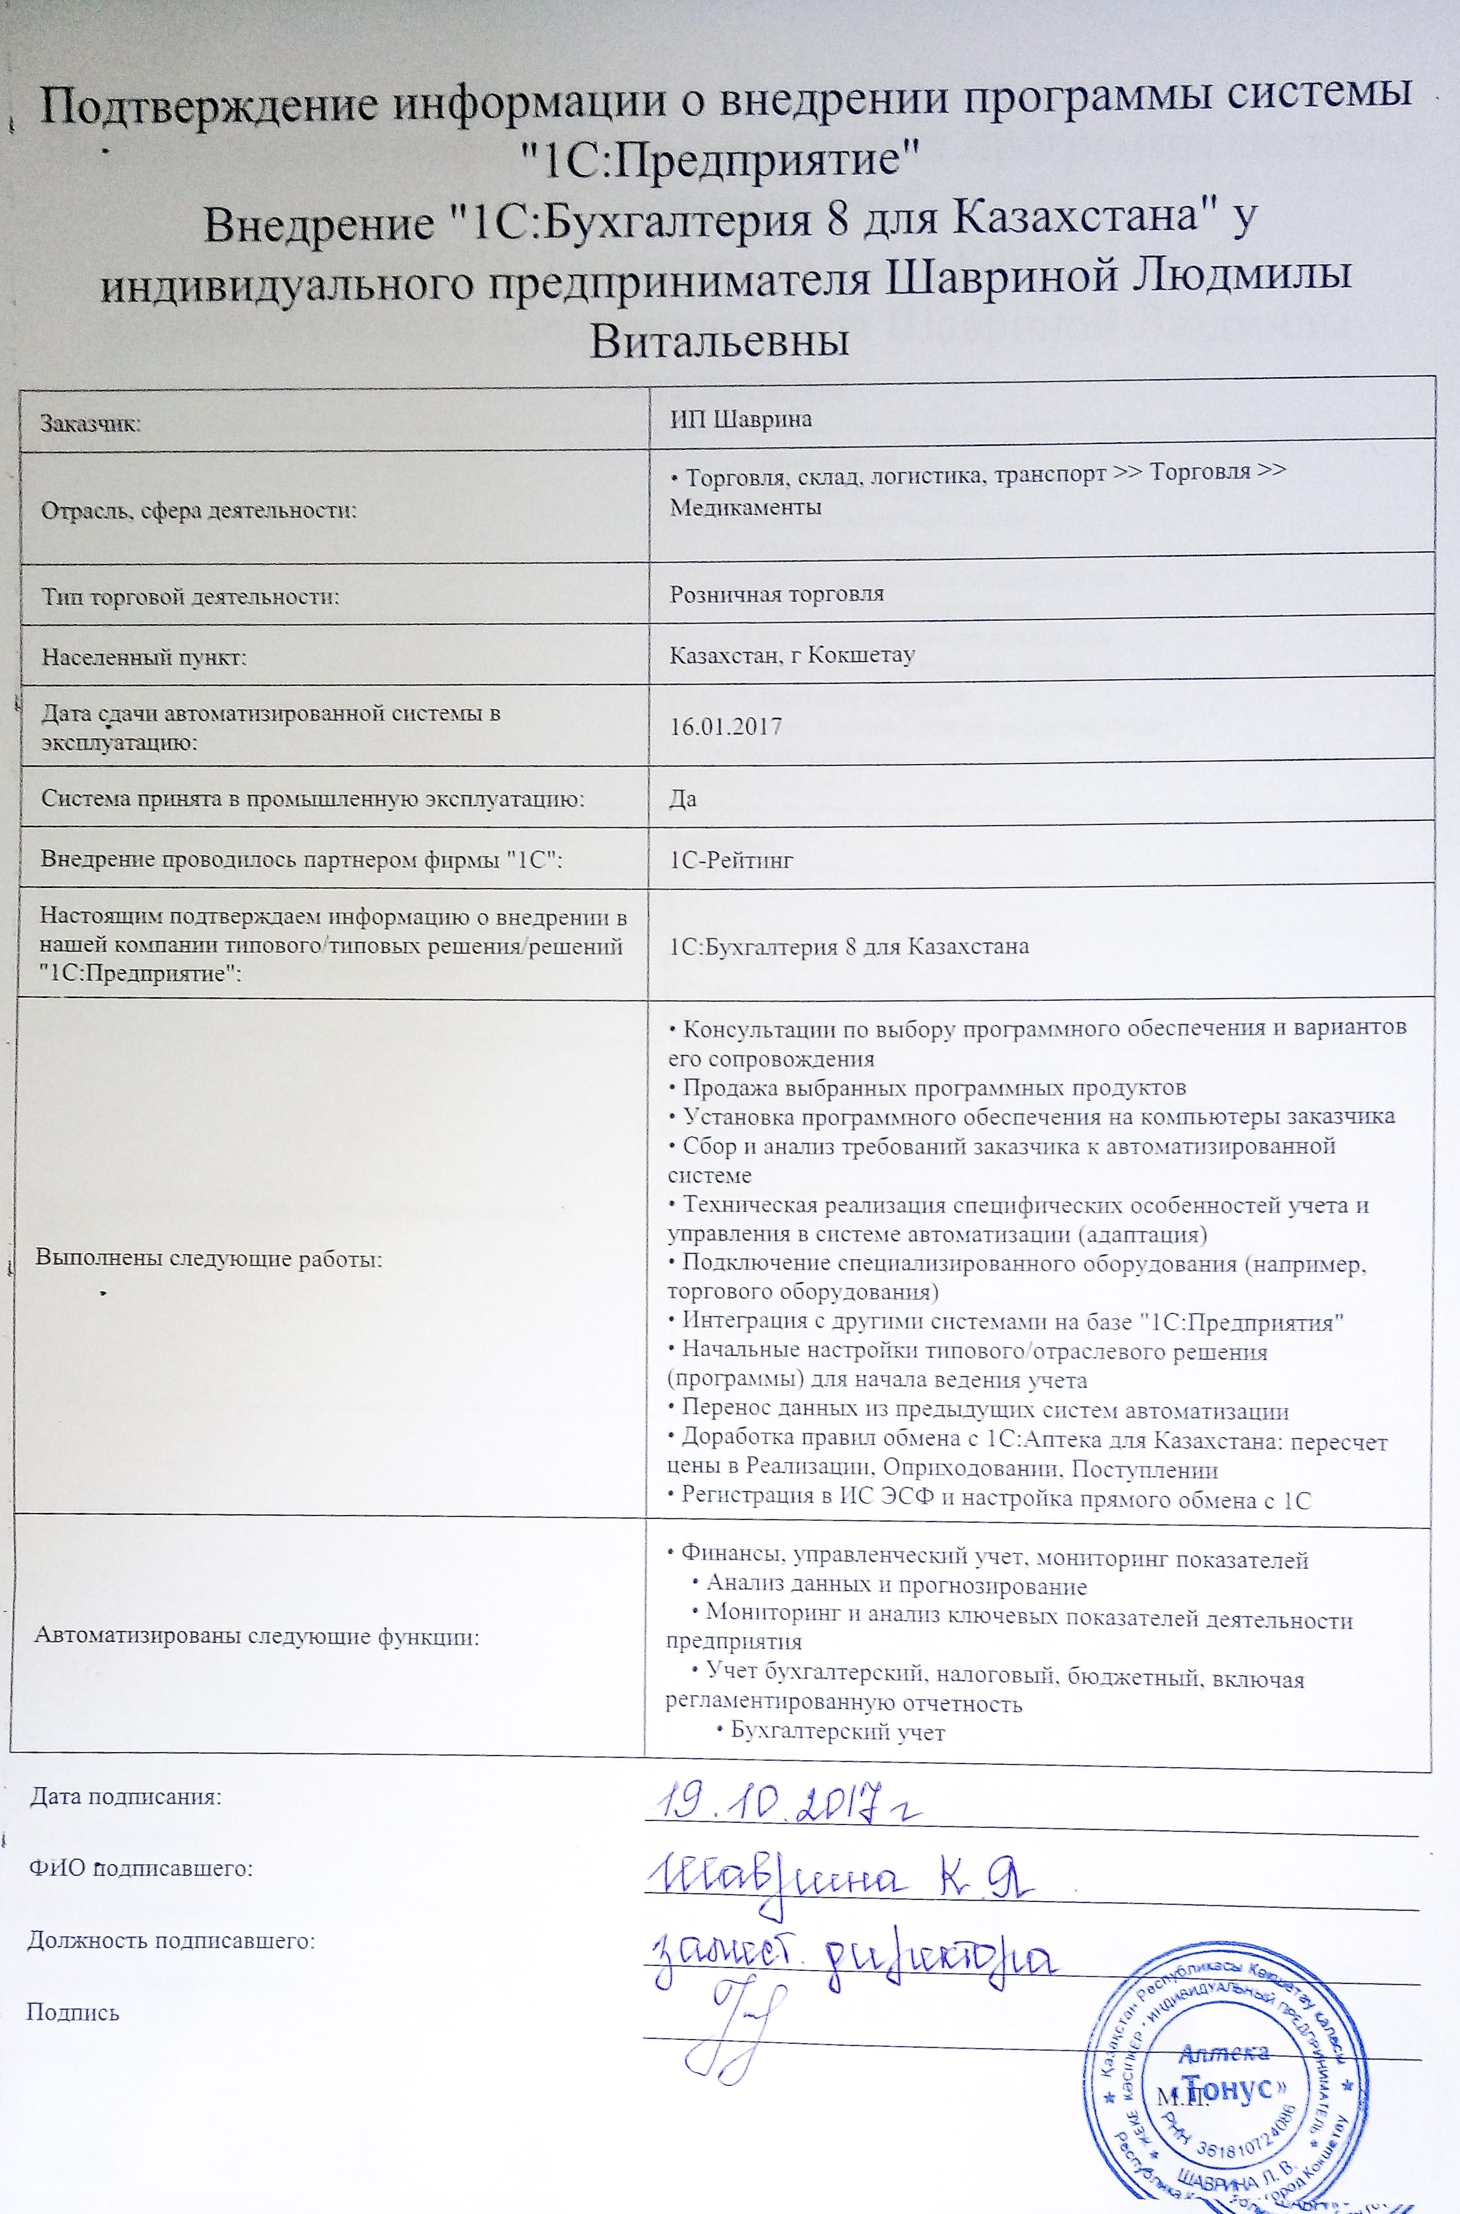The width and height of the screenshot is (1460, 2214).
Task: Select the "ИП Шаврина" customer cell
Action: point(741,420)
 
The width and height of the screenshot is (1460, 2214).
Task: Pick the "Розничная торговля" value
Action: point(777,594)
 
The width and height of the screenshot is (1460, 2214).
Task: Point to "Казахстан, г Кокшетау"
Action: point(793,655)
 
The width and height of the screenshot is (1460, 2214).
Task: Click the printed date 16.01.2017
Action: point(725,727)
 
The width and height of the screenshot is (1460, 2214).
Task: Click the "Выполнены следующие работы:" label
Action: point(209,1259)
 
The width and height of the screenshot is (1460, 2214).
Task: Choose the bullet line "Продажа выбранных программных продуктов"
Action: point(927,1087)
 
